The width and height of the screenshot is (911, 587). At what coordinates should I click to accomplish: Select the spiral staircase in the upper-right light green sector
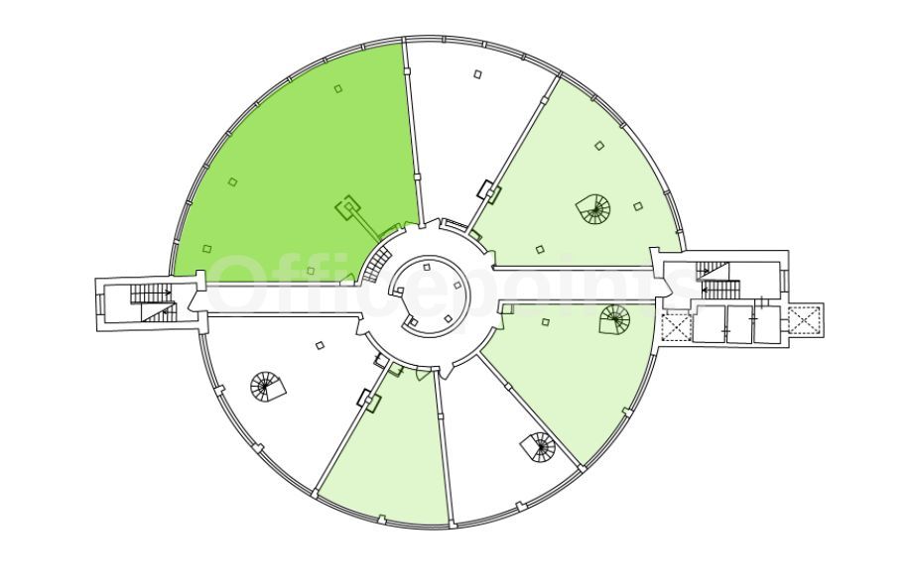pyautogui.click(x=593, y=209)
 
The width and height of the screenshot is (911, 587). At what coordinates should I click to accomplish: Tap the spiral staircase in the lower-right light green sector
pyautogui.click(x=614, y=319)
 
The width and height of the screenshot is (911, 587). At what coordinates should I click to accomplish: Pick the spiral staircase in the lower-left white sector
pyautogui.click(x=267, y=387)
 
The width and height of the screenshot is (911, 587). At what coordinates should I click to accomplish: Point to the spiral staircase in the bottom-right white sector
pyautogui.click(x=538, y=446)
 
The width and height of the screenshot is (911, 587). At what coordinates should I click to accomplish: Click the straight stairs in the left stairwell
pyautogui.click(x=152, y=301)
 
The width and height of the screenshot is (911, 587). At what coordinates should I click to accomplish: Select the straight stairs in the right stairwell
pyautogui.click(x=718, y=280)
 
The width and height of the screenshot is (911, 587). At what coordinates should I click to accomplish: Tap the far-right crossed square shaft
pyautogui.click(x=805, y=319)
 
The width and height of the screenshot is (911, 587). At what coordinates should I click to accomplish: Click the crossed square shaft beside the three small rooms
pyautogui.click(x=676, y=326)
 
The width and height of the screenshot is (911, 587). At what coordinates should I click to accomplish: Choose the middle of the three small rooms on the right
pyautogui.click(x=739, y=324)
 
